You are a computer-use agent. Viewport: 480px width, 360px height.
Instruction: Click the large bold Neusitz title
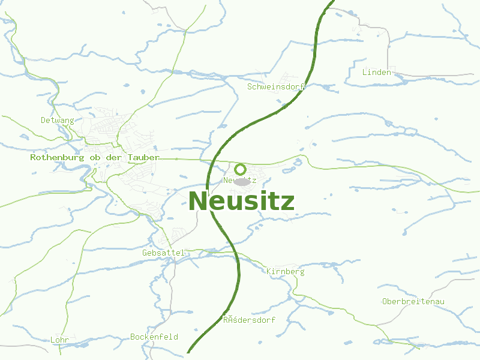tap(241, 202)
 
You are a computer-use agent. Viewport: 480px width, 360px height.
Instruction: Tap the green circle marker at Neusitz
tap(240, 169)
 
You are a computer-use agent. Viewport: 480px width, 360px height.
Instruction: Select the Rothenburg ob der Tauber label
tap(95, 157)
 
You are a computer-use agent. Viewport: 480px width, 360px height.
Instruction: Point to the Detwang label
tap(58, 120)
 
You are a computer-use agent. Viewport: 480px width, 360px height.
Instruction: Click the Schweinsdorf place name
tap(277, 86)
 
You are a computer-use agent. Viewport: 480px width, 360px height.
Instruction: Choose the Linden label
tap(377, 72)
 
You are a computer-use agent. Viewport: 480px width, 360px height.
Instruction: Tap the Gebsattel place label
tap(164, 253)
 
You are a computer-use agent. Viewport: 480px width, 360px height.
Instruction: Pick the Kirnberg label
tap(286, 271)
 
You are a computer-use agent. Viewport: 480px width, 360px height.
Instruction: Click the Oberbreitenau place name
tap(413, 301)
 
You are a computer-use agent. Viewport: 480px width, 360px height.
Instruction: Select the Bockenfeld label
tap(154, 337)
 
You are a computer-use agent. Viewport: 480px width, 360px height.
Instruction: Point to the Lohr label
tap(60, 340)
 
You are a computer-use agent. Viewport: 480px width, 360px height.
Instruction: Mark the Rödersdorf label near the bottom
tap(249, 320)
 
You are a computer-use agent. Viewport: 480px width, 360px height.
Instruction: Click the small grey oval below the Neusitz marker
tap(241, 181)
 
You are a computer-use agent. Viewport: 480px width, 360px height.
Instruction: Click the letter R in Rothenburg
tap(33, 157)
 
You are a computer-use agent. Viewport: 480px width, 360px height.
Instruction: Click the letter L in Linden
tap(365, 72)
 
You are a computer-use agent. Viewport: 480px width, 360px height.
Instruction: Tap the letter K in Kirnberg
tap(269, 271)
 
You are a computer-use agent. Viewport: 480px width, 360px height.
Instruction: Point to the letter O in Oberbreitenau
tap(385, 301)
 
